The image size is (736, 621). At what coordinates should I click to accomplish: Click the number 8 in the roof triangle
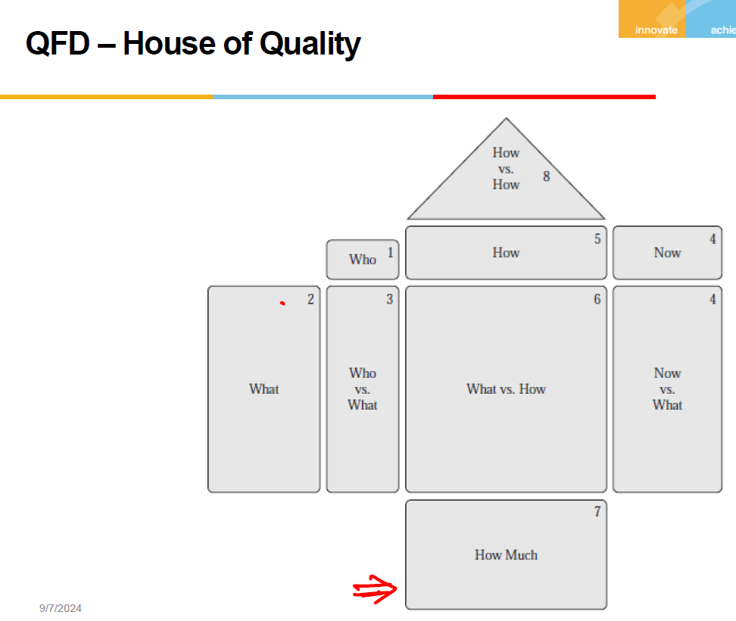coord(546,176)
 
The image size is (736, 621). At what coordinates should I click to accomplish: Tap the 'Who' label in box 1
coord(362,260)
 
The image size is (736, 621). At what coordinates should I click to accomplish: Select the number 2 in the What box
coord(310,299)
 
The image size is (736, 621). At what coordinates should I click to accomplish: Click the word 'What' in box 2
coord(264,389)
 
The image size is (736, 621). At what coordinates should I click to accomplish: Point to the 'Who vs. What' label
coord(362,389)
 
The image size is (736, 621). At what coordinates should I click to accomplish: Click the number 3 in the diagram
coord(390,299)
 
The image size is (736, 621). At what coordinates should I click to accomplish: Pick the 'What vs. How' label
coord(506,389)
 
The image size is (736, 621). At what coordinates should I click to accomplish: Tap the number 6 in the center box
coord(597,299)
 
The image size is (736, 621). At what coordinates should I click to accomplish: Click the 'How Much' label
coord(506,555)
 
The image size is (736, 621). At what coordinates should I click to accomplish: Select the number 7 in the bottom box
coord(597,512)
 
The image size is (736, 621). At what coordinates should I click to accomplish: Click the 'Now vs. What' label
coord(667,389)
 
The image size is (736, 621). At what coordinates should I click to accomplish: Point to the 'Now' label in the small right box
coord(667,253)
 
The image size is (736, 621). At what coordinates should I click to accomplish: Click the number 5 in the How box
coord(597,239)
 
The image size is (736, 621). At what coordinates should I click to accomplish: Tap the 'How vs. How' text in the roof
coord(506,169)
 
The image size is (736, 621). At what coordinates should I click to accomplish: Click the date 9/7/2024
coord(61,608)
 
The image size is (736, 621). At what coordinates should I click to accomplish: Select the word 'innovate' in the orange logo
coord(656,30)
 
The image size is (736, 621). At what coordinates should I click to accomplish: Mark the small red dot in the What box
coord(282,304)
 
